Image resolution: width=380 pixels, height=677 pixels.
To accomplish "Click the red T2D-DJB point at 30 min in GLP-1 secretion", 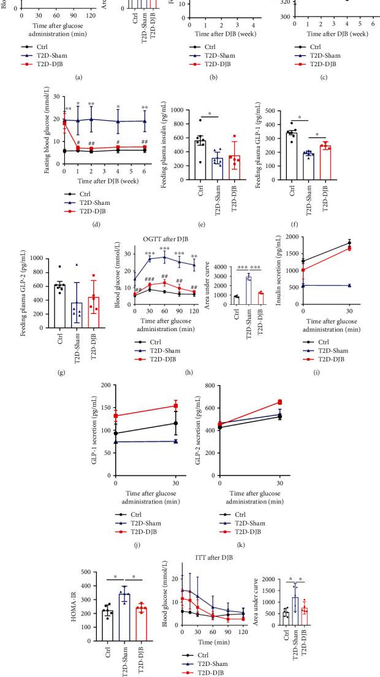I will pos(177,406).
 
